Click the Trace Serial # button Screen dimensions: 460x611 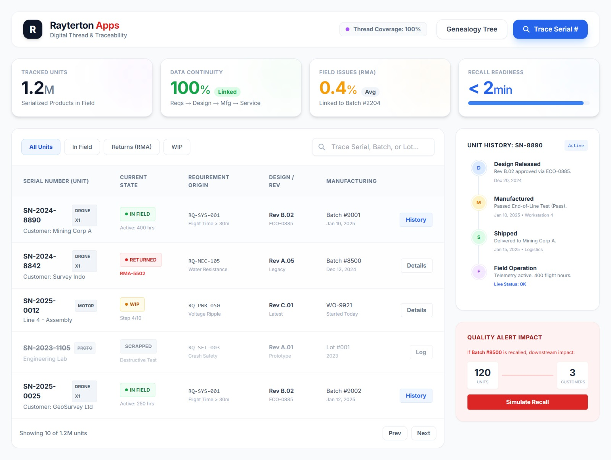tap(550, 29)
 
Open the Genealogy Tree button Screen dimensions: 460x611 tap(472, 29)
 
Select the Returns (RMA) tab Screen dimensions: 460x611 tap(131, 147)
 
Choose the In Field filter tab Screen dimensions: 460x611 tap(82, 147)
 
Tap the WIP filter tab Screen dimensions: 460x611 tap(177, 147)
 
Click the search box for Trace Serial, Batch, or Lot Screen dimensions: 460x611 tap(373, 147)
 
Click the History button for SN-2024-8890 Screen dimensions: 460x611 tap(416, 220)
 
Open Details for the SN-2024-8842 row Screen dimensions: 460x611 tap(416, 266)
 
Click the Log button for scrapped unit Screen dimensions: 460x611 tap(421, 352)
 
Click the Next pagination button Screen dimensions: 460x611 tap(423, 433)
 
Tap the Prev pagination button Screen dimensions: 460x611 tap(394, 433)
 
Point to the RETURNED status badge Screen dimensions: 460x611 tap(141, 260)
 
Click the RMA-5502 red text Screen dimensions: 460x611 tap(133, 274)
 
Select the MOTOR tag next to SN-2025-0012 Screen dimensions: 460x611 tap(86, 306)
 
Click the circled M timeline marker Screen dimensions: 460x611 tap(478, 203)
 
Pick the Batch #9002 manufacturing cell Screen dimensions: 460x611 tap(344, 391)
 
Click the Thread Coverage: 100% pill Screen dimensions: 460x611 tap(383, 29)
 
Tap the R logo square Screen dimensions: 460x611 tap(33, 29)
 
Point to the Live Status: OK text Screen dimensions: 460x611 tap(510, 284)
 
